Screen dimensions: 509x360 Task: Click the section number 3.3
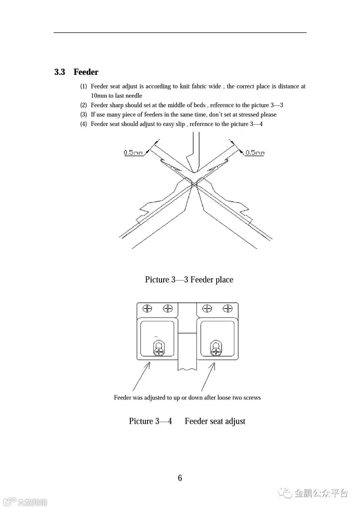coord(60,72)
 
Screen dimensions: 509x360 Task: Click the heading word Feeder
coord(86,72)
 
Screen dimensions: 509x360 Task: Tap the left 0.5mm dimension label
coord(133,152)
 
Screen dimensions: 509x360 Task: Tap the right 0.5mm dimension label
coord(255,152)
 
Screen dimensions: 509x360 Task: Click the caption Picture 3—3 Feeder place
coord(189,279)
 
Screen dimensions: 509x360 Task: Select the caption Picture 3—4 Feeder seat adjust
coord(187,421)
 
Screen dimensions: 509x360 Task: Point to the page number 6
coord(180,478)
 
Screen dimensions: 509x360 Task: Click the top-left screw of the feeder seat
coord(148,309)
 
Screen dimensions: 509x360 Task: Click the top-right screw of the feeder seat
coord(228,309)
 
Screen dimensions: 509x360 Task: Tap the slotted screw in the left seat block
coord(159,351)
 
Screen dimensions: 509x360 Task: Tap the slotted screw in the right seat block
coord(216,351)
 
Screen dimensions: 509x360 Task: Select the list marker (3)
coord(83,114)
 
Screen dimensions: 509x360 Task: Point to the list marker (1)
coord(83,86)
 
